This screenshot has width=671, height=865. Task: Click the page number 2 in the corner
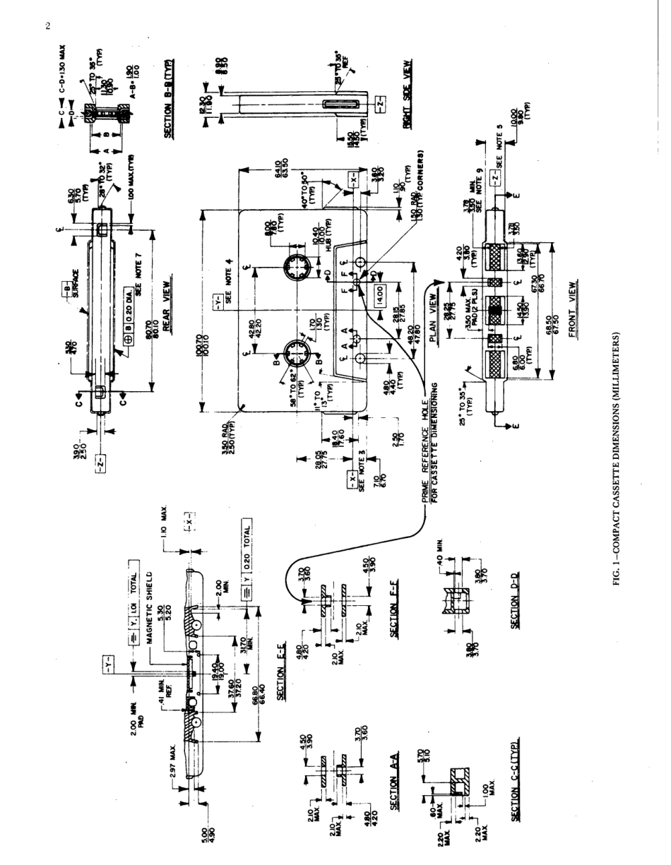(48, 27)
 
